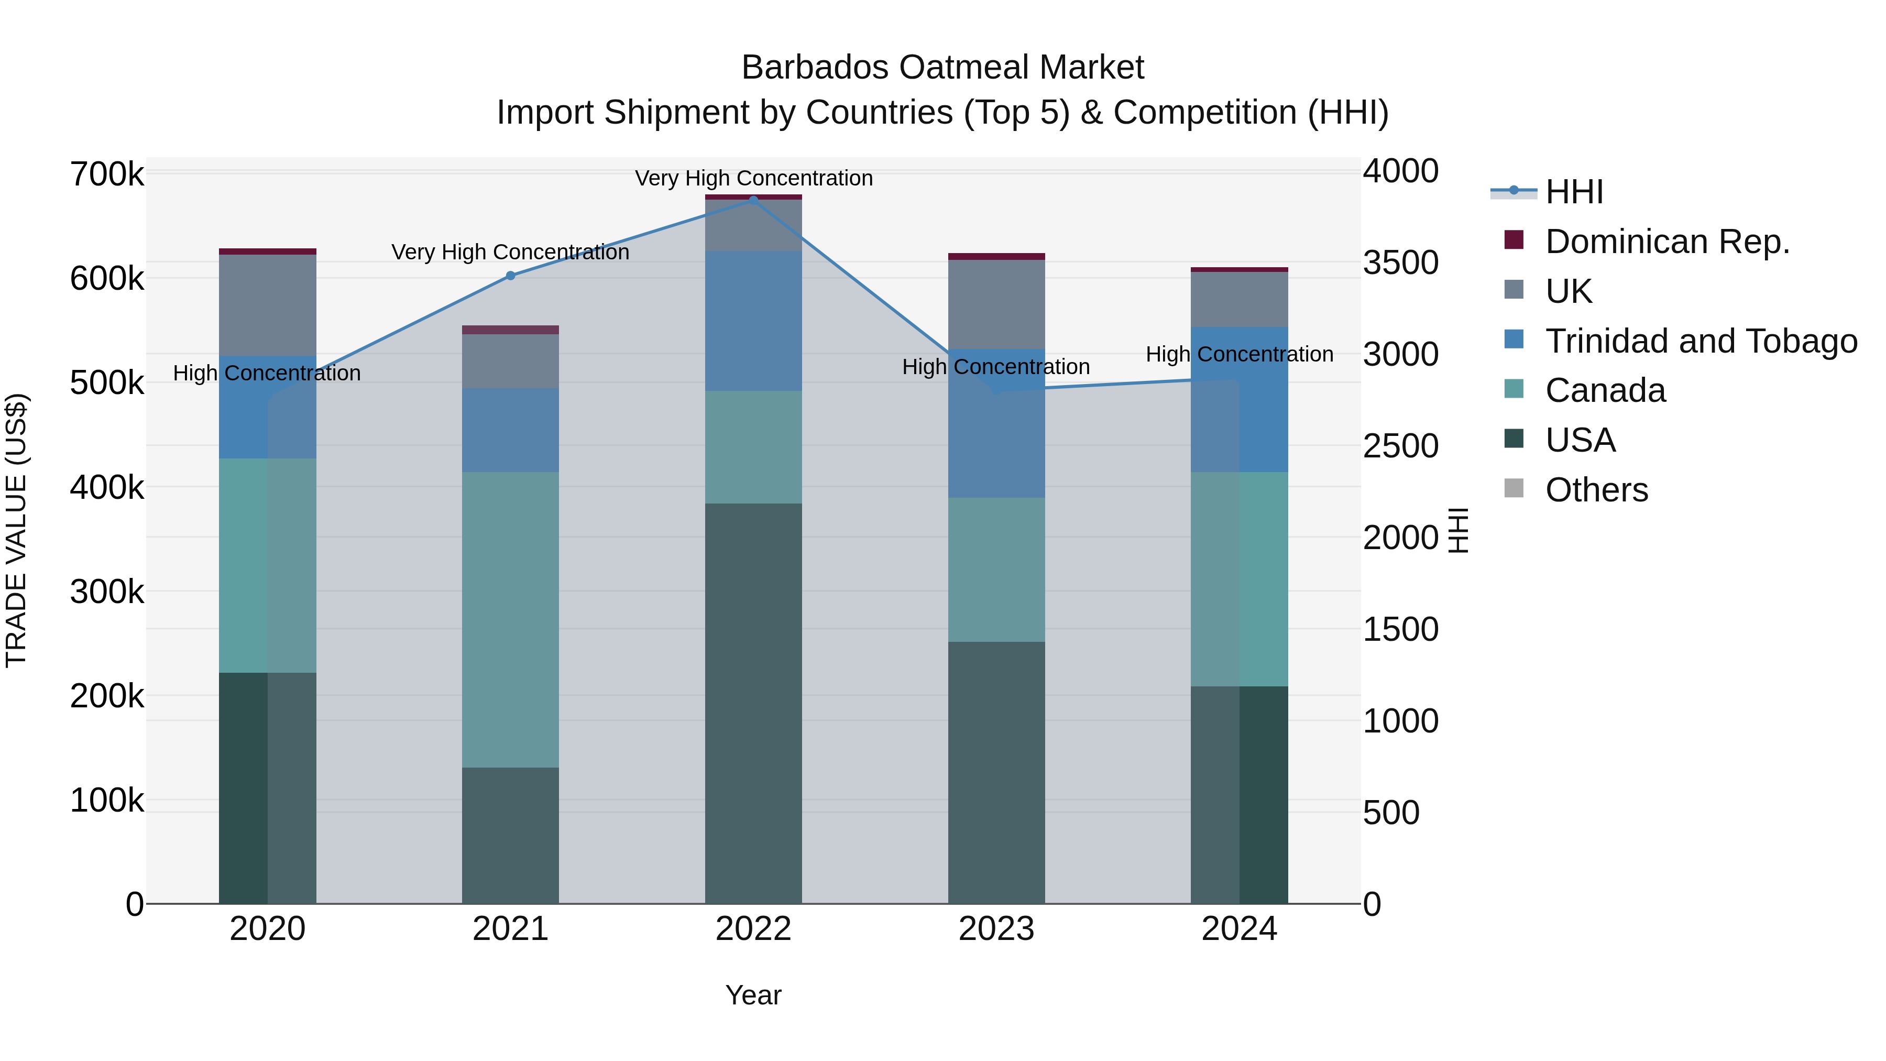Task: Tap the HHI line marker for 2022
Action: click(753, 200)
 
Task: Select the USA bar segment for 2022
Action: click(753, 703)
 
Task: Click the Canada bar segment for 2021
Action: click(510, 619)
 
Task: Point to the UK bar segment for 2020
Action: click(267, 305)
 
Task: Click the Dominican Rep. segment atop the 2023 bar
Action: click(996, 256)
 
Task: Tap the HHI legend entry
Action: click(1574, 192)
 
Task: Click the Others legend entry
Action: click(1596, 490)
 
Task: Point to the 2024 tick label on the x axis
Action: click(1239, 929)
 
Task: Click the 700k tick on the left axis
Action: click(107, 175)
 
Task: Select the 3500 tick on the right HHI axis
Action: click(1400, 263)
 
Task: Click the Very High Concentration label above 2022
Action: click(753, 178)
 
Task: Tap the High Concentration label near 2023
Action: click(996, 366)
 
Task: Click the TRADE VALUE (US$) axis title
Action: click(16, 530)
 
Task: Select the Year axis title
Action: click(753, 995)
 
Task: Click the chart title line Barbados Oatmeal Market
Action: click(942, 68)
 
